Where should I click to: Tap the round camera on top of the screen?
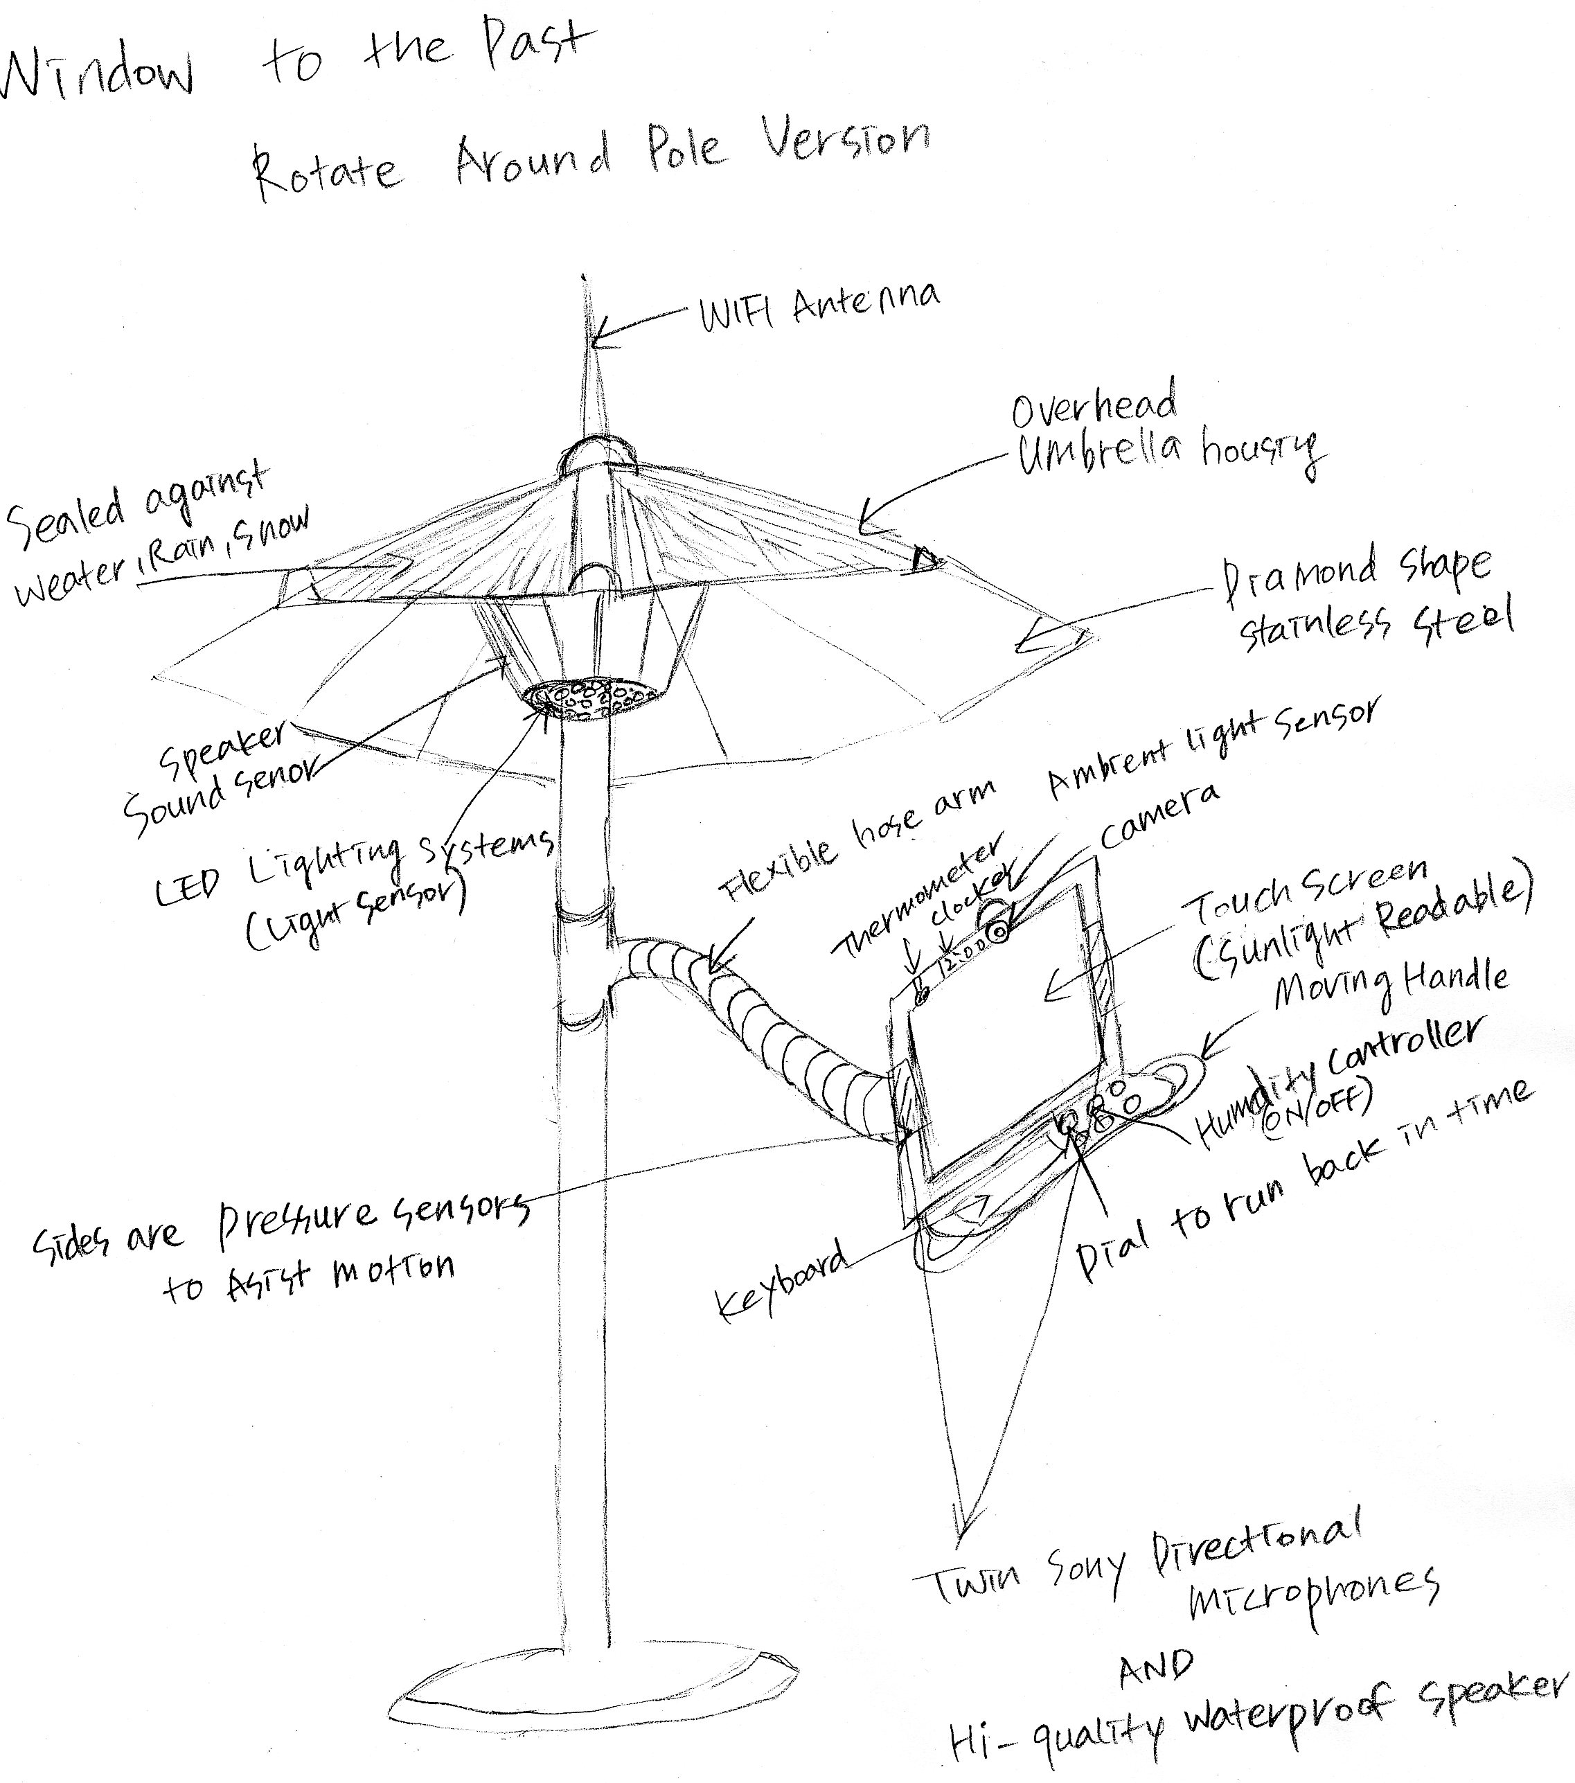(997, 932)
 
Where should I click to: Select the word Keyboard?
(781, 1279)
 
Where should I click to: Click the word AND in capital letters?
(1155, 1667)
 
